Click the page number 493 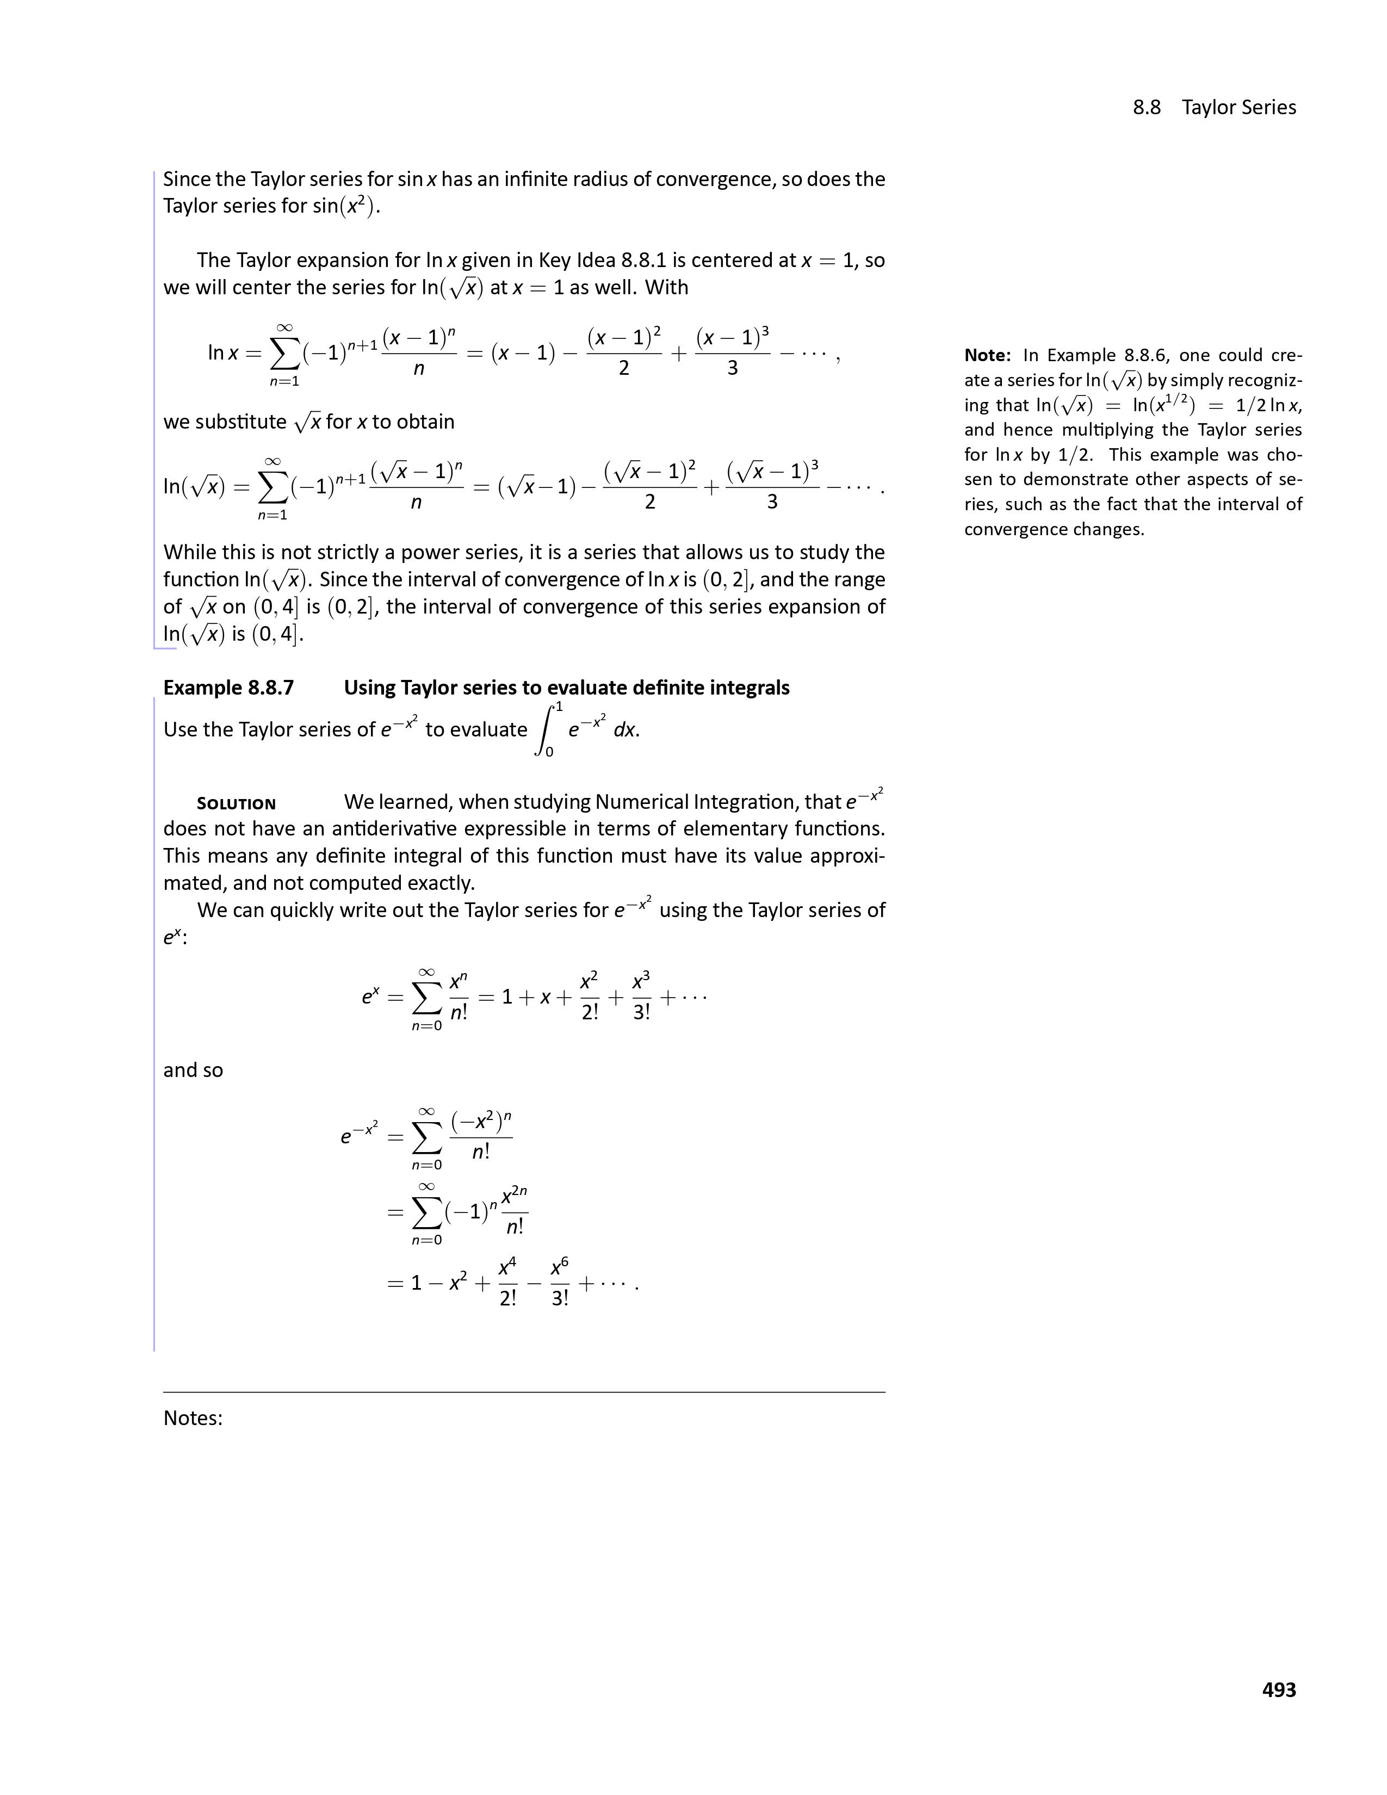pos(1279,1690)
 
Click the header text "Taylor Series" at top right pos(1239,108)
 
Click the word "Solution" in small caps pos(236,804)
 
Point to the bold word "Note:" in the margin pos(987,355)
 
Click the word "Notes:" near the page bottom pos(193,1418)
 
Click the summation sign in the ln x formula pos(284,354)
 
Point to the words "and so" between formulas pos(193,1070)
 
